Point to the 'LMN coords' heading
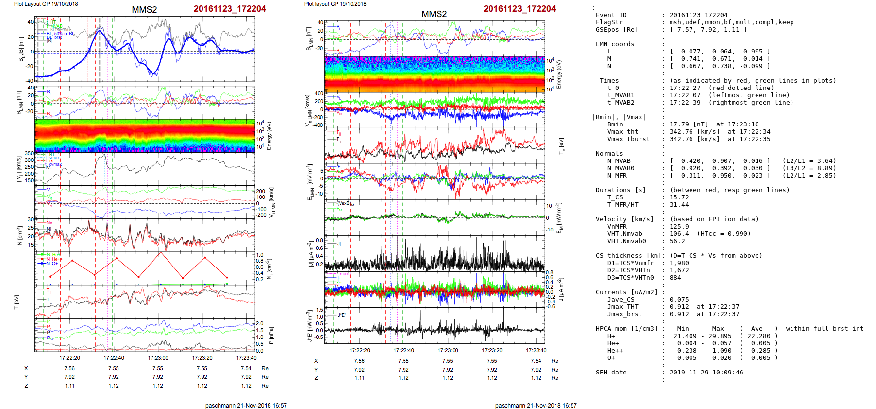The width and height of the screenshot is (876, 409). pos(615,44)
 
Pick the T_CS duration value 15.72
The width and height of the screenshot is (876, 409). pos(679,197)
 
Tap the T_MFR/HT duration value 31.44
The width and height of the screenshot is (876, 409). pos(679,205)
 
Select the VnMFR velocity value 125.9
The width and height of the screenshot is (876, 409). pos(679,227)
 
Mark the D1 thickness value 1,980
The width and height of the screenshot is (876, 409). pos(679,263)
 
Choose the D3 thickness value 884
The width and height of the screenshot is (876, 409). pos(675,278)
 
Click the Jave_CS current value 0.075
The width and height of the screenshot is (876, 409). pos(679,300)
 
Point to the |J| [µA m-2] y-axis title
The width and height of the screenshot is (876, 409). pos(309,254)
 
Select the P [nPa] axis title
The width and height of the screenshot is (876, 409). pos(270,335)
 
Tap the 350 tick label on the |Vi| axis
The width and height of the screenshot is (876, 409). pos(29,154)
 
